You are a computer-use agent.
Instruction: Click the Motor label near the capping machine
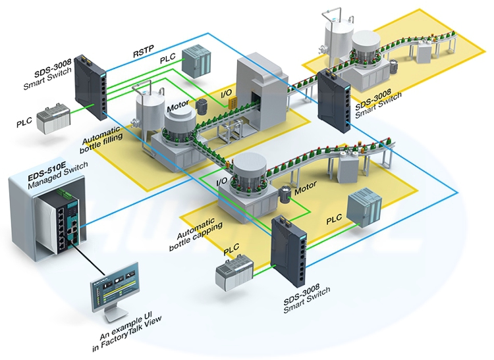pos(305,191)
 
